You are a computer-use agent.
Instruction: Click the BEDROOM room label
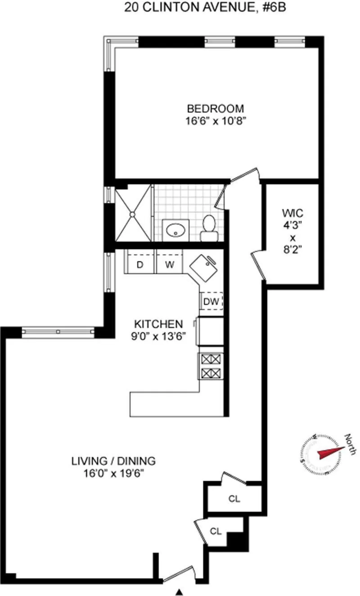(x=216, y=108)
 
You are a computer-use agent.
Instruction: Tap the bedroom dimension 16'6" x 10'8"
(x=216, y=121)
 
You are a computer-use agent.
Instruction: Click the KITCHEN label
(x=158, y=324)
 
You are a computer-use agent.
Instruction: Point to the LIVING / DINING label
(x=113, y=461)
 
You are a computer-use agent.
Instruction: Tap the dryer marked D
(x=139, y=265)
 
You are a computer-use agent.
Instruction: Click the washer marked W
(x=169, y=265)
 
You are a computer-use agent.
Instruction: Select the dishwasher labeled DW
(x=211, y=302)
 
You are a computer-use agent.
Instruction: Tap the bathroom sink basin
(x=174, y=231)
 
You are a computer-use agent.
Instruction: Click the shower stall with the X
(x=133, y=215)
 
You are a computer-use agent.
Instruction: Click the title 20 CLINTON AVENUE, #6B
(x=179, y=8)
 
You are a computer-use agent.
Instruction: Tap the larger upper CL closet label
(x=234, y=498)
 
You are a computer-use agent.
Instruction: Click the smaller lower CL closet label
(x=216, y=531)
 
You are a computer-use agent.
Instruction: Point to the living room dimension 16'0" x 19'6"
(x=113, y=473)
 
